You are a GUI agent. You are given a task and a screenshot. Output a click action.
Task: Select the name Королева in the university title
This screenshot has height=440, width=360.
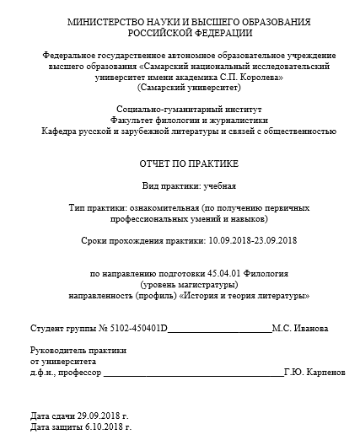pyautogui.click(x=260, y=77)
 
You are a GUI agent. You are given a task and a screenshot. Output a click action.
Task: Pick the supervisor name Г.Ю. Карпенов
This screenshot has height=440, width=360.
pyautogui.click(x=314, y=371)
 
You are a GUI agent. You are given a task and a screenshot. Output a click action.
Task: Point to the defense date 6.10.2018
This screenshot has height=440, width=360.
pyautogui.click(x=103, y=427)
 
